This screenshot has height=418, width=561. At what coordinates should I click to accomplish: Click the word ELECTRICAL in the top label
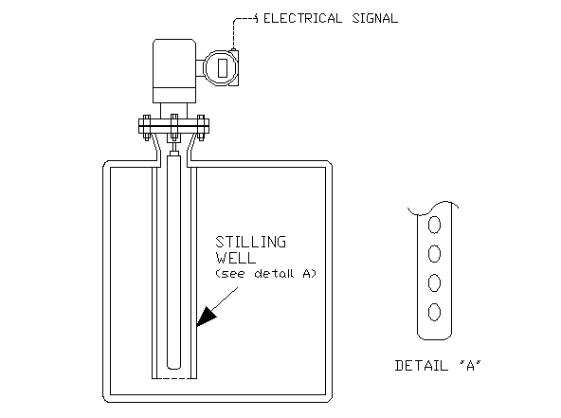(302, 18)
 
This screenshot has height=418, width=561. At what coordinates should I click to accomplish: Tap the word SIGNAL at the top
(375, 18)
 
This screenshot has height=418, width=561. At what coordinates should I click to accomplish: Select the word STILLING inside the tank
(251, 243)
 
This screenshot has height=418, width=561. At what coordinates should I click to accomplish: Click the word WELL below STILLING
(236, 258)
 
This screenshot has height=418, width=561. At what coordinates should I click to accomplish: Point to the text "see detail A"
(266, 274)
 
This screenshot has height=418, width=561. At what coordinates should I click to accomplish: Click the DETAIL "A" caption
(438, 366)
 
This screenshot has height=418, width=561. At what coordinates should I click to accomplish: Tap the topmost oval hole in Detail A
(434, 225)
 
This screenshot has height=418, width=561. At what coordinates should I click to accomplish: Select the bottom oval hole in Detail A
(434, 312)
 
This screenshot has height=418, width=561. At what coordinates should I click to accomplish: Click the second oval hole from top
(434, 254)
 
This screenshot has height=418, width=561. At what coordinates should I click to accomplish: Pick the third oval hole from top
(434, 282)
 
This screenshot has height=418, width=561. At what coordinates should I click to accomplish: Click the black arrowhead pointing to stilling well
(206, 317)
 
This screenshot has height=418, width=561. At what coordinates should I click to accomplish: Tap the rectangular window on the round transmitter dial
(223, 68)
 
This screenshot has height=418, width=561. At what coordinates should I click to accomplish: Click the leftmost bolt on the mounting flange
(147, 127)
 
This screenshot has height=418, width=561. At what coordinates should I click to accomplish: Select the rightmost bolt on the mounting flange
(201, 127)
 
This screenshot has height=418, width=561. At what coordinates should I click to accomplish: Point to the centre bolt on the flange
(174, 127)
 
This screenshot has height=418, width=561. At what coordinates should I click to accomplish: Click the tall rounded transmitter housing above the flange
(174, 71)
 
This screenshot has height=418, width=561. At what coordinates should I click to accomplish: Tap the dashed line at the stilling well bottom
(174, 378)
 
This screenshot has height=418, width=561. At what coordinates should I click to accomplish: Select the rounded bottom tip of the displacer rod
(174, 367)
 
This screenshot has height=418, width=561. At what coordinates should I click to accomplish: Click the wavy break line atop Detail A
(433, 209)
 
